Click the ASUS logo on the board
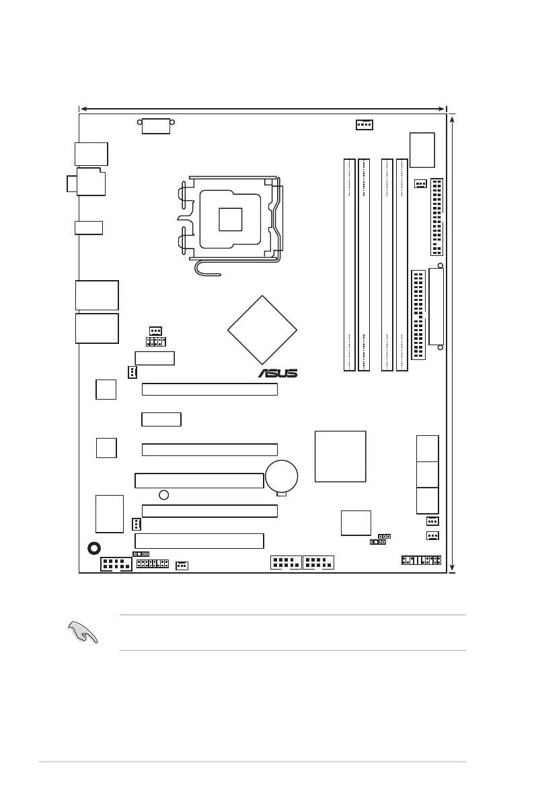278,373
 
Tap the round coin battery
282,476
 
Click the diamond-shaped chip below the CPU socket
262,330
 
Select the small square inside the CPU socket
229,219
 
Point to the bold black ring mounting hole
95,548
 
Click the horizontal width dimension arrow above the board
262,107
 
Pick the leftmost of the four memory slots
349,265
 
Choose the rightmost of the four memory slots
402,265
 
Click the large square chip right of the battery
340,456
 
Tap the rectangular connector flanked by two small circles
156,125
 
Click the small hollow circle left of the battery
163,496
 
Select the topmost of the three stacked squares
428,448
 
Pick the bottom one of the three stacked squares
428,500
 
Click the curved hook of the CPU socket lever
200,269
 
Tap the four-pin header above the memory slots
364,124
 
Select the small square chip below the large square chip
356,523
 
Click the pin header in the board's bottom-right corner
421,560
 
